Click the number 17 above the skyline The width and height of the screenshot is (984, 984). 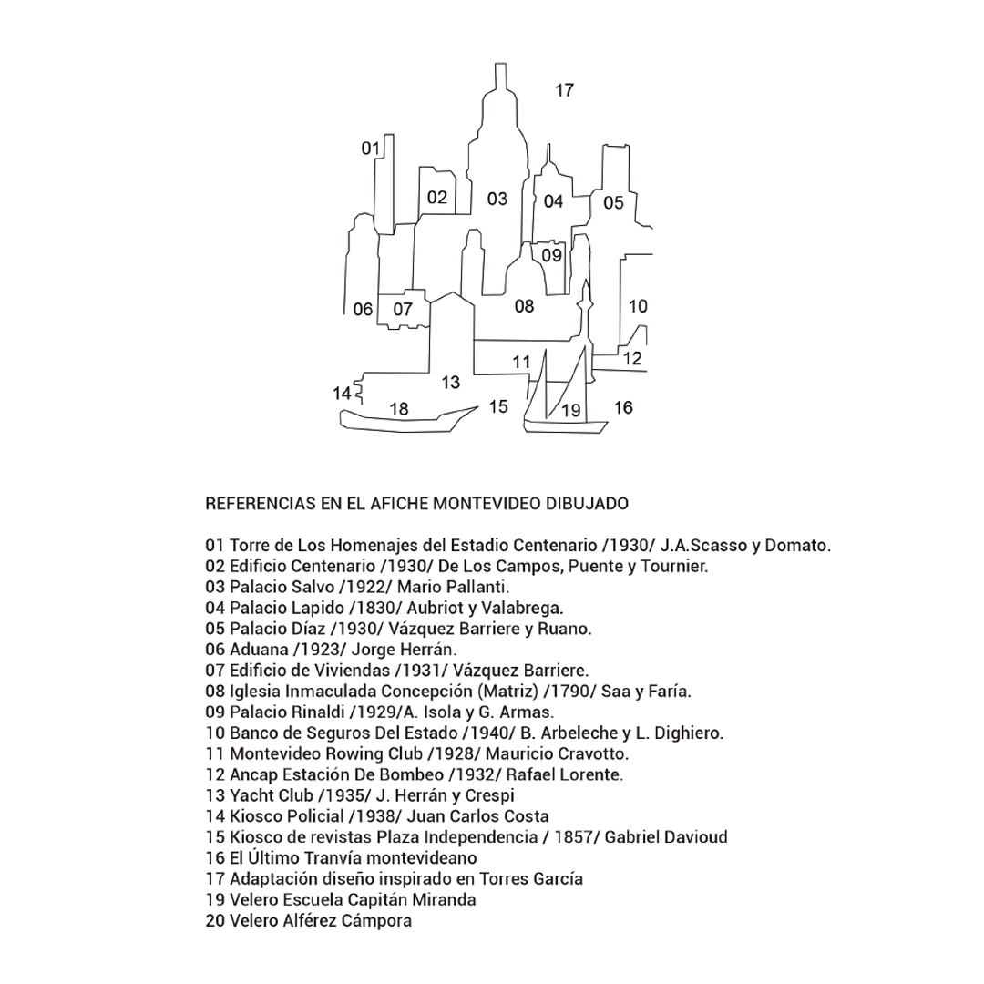point(564,90)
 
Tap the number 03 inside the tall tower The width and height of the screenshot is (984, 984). point(497,199)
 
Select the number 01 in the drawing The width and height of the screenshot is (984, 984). point(370,149)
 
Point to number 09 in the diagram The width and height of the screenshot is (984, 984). point(551,255)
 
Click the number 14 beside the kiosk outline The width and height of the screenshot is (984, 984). point(342,394)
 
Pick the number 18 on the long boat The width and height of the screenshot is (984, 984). point(399,409)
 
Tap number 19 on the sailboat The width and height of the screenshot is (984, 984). point(571,410)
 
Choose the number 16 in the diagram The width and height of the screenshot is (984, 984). point(623,408)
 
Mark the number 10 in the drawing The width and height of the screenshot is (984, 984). point(638,306)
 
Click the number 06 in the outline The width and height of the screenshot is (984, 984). point(363,310)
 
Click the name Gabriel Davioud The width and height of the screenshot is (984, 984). point(666,837)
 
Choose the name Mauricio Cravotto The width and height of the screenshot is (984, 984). point(557,753)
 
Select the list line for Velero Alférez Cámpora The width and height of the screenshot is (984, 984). point(309,920)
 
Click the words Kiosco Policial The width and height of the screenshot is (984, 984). point(286,816)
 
